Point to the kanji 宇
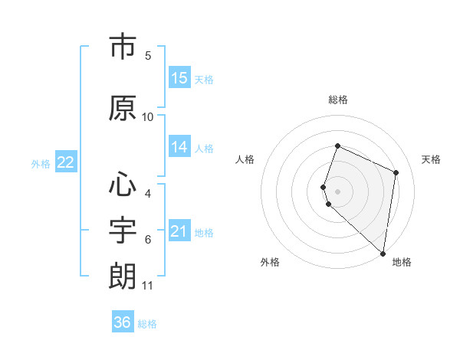point(123,229)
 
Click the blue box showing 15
point(179,78)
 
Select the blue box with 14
point(179,147)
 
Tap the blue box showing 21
point(179,231)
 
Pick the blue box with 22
point(65,162)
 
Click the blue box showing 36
point(123,322)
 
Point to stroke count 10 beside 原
point(148,116)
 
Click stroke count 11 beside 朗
point(148,286)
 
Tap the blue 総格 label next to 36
point(147,324)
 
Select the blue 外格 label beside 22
point(41,164)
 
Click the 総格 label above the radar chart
point(337,100)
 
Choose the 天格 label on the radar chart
point(431,159)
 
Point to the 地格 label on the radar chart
point(402,262)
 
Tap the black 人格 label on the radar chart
point(245,159)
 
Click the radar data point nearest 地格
point(383,254)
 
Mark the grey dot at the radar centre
point(337,189)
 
